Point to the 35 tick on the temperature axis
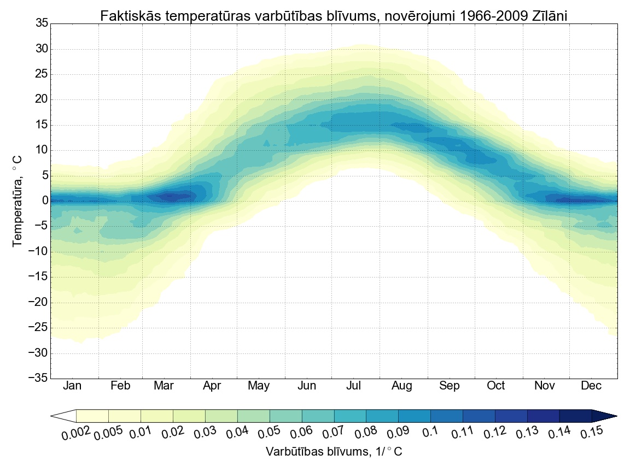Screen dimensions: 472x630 coord(42,23)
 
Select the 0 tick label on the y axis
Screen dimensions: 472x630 coord(45,201)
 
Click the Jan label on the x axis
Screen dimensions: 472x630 coord(72,386)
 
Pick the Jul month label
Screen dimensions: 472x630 coord(354,386)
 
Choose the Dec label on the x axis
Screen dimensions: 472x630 coord(591,386)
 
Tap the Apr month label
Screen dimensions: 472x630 coord(212,386)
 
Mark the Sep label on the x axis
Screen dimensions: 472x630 coord(450,386)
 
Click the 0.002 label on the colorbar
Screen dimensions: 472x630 coord(75,434)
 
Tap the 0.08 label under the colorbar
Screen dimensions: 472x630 coord(364,434)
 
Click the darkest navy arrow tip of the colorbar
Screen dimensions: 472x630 coord(604,416)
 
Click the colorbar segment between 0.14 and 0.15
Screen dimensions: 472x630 coord(575,416)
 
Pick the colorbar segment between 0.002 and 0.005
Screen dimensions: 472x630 coord(92,416)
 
